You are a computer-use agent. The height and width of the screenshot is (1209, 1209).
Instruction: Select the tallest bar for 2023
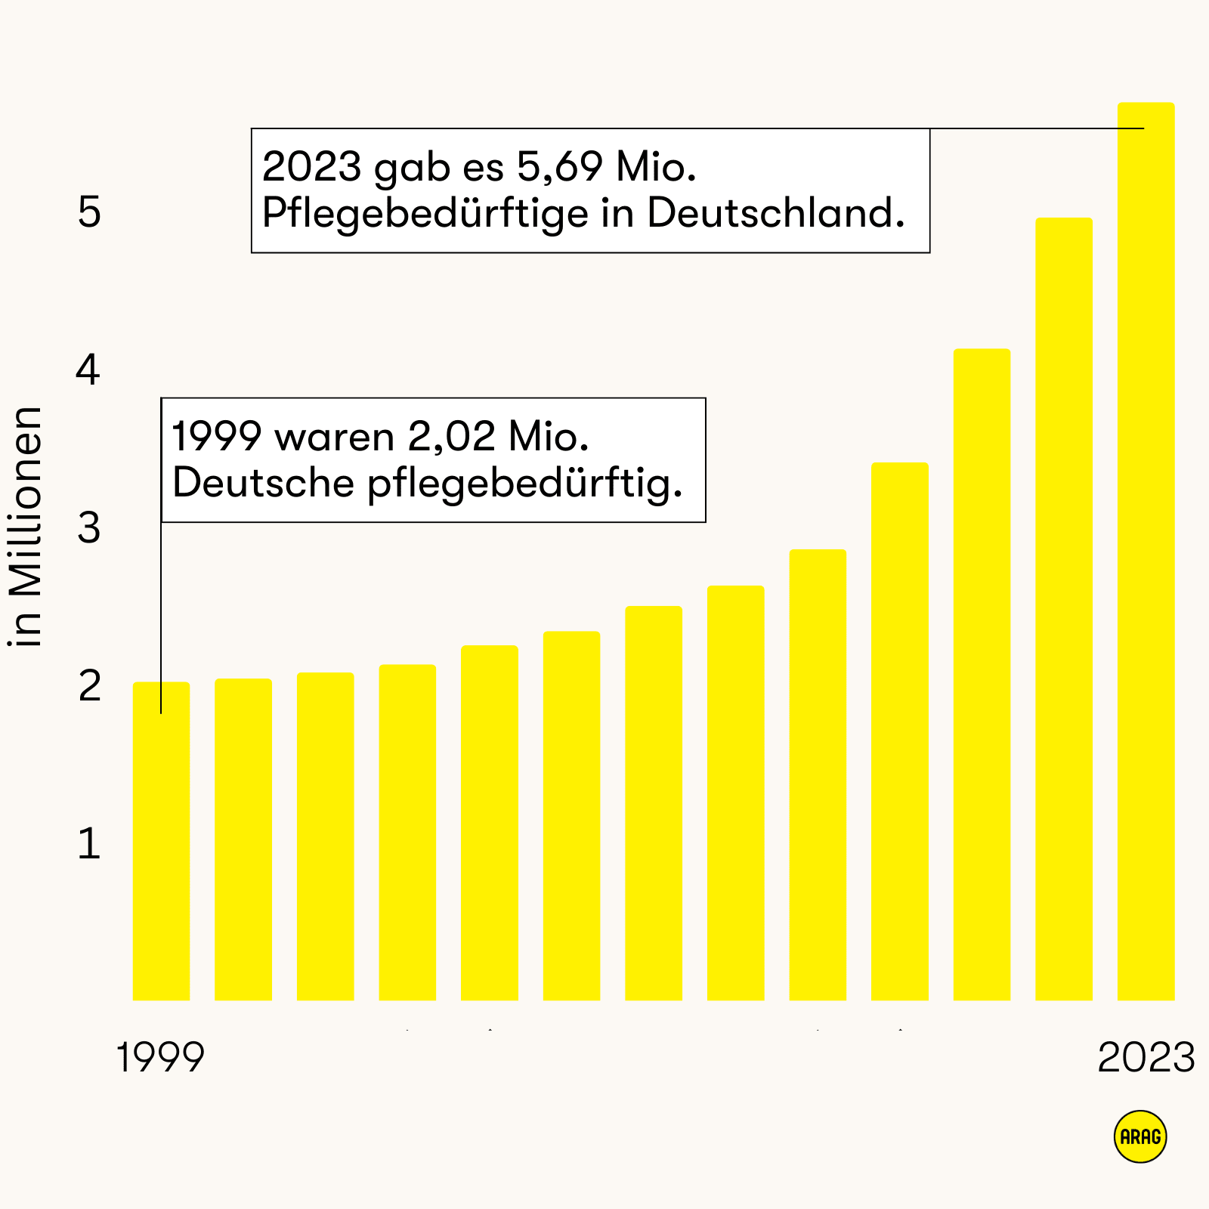tap(1146, 552)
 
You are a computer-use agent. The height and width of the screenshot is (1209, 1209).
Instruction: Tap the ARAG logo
tap(1140, 1136)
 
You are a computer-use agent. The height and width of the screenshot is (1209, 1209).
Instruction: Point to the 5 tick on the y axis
tap(89, 212)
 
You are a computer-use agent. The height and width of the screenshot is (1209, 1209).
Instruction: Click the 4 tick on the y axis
tap(89, 370)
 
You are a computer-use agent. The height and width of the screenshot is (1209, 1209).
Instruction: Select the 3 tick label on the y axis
tap(89, 528)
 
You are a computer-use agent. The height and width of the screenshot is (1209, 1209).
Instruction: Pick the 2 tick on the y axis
tap(89, 686)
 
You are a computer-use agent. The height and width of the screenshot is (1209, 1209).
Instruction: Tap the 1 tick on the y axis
tap(89, 844)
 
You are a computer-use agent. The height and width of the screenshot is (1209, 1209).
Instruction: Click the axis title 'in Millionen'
tap(26, 527)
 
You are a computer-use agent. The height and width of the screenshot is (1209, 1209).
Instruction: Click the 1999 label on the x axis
tap(160, 1057)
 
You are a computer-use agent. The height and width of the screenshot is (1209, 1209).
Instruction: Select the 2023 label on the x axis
tap(1146, 1057)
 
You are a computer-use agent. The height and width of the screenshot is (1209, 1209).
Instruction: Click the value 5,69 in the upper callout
tap(559, 167)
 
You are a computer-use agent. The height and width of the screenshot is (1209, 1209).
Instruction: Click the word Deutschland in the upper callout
tap(775, 214)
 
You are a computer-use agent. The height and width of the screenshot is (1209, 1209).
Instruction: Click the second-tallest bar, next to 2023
tap(1064, 609)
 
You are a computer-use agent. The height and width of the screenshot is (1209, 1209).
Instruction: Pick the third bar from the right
tap(982, 674)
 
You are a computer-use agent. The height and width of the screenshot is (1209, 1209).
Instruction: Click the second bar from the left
tap(243, 839)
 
